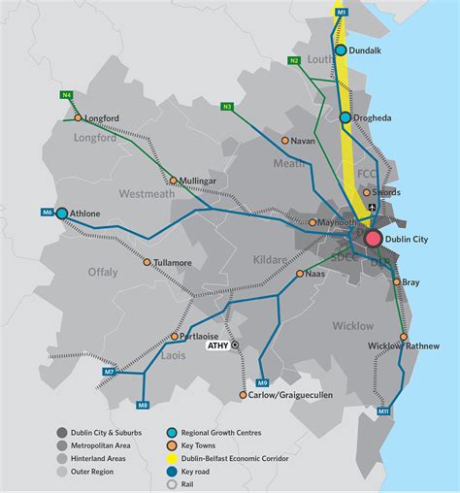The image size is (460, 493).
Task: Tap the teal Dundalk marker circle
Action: coord(341,50)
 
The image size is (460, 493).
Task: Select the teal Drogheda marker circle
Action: coord(345,117)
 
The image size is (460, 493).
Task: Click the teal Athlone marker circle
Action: coord(62,213)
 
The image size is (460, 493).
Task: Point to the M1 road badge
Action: coord(341,12)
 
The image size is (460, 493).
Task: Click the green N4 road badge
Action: coord(66,94)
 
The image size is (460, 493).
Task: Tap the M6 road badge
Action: coord(47,213)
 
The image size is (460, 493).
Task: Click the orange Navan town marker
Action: coord(284,140)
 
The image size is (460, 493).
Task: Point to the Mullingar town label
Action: coord(200,180)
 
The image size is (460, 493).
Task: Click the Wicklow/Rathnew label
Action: coord(404,346)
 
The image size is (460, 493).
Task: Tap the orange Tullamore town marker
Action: coord(148,262)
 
